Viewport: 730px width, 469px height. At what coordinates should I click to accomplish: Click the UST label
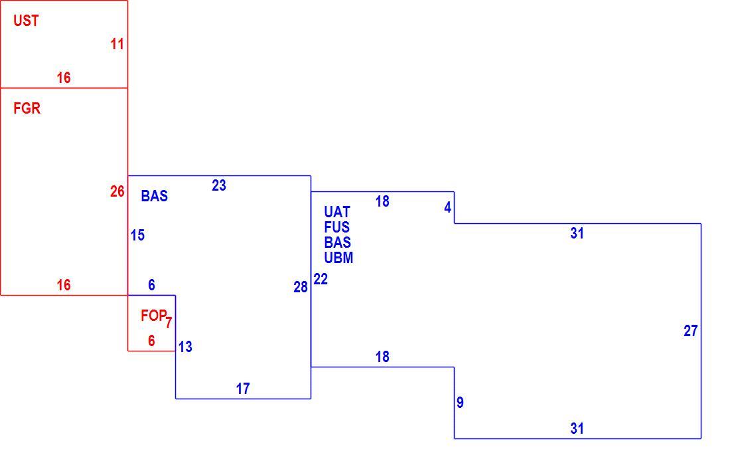coord(26,21)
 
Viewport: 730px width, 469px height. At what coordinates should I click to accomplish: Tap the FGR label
coord(27,108)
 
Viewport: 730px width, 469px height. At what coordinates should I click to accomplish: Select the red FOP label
coord(153,316)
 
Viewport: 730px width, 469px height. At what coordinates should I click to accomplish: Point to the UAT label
coord(337,212)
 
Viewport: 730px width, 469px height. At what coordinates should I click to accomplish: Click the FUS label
coord(337,227)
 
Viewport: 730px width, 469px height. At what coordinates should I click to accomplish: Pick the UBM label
coord(338,258)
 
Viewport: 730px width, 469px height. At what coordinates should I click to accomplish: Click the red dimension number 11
coord(117,44)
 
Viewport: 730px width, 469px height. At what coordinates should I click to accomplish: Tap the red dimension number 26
coord(117,191)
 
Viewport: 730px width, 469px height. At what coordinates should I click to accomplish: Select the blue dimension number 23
coord(219,185)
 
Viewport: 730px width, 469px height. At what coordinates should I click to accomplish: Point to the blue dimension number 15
coord(137,235)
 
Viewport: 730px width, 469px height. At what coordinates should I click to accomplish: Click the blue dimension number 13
coord(185,347)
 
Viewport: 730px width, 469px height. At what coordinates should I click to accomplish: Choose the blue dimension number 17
coord(242,389)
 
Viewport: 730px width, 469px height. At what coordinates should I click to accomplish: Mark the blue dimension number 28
coord(300,287)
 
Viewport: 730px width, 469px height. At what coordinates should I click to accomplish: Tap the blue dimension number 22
coord(321,279)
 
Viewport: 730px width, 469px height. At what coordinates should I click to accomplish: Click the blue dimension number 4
coord(447,207)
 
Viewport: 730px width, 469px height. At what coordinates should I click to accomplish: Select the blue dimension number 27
coord(690,331)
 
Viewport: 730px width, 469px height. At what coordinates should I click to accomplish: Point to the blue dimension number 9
coord(460,403)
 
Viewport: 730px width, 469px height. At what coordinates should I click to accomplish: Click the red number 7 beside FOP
coord(169,323)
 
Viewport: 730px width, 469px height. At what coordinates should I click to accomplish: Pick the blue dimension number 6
coord(151,285)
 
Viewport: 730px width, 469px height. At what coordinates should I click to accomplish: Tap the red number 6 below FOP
coord(151,341)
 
